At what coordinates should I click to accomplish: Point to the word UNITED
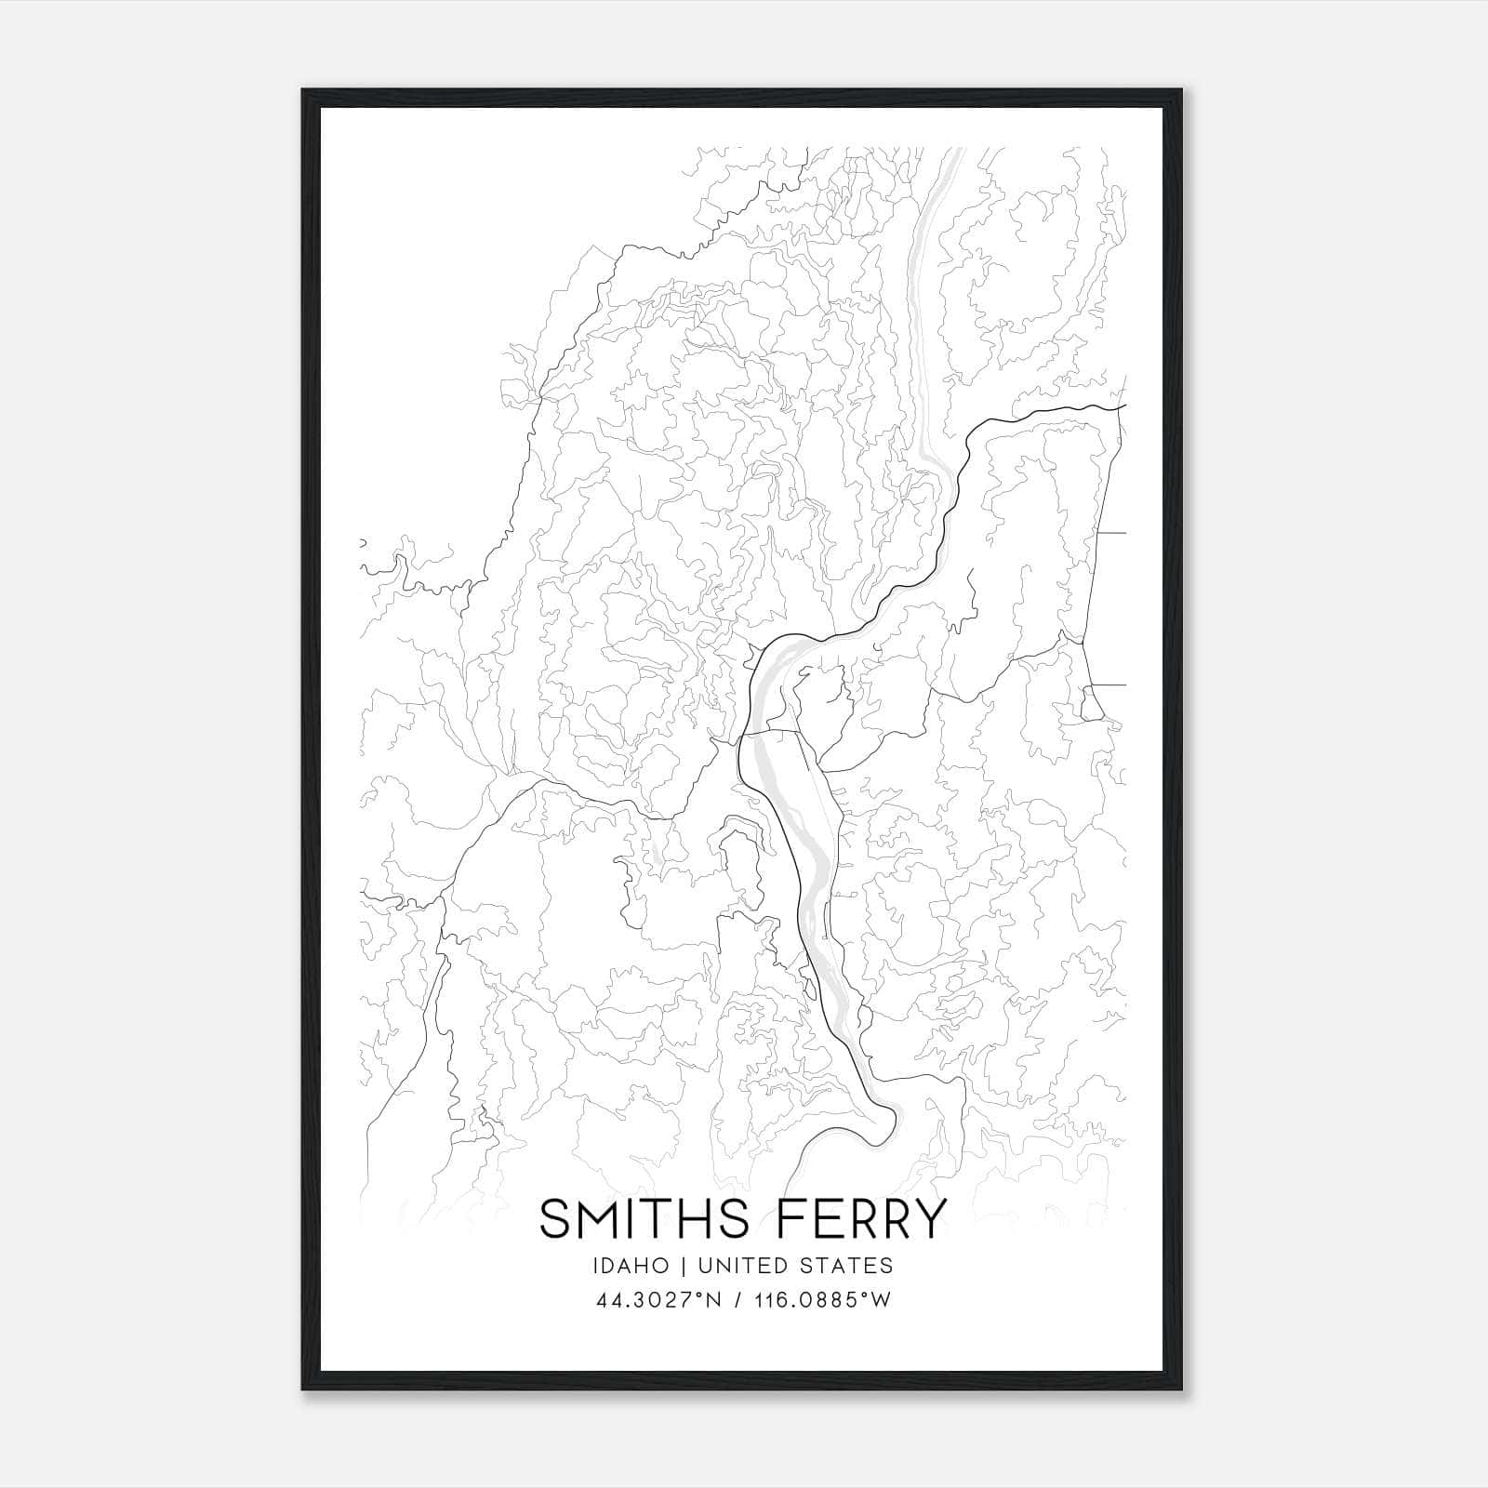point(743,1266)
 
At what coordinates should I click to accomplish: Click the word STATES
point(848,1266)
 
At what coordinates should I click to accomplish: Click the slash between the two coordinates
point(737,1300)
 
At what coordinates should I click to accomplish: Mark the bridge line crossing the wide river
point(770,734)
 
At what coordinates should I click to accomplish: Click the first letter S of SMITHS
point(554,1218)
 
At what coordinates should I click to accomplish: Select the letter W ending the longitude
point(882,1300)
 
